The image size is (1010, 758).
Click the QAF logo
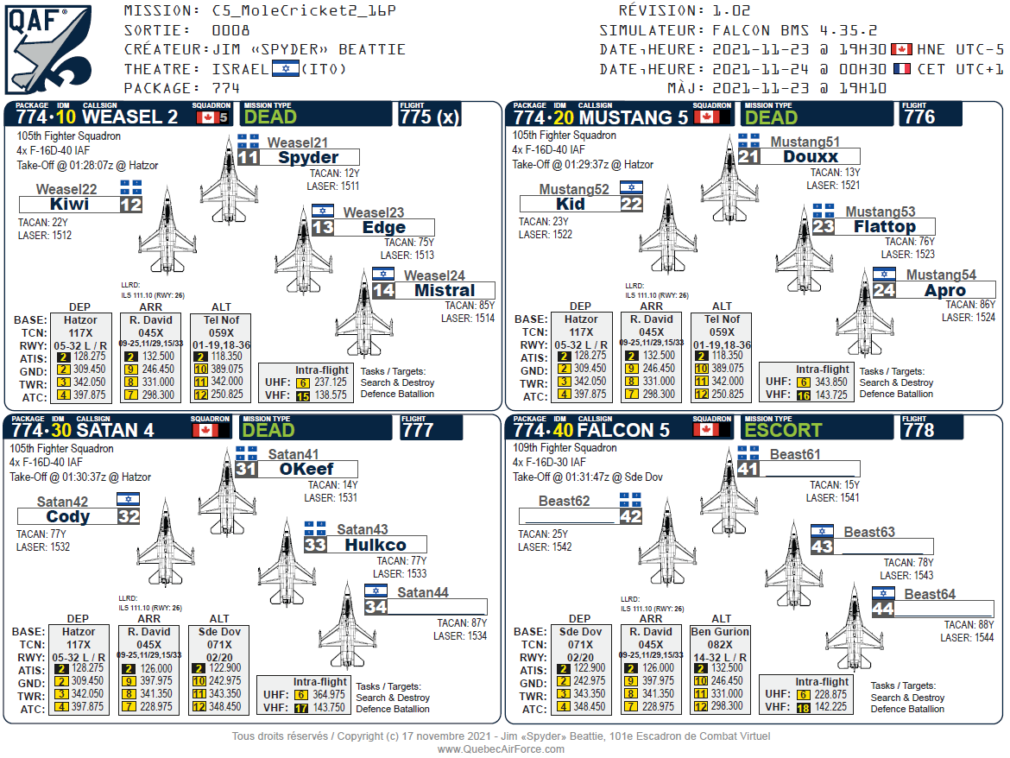pos(47,48)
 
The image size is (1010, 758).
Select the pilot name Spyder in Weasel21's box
pos(307,157)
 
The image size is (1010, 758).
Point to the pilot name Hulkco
pos(376,545)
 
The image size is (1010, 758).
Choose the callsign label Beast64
pos(930,594)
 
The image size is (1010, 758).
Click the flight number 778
pos(918,430)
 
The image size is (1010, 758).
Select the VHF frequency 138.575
pos(331,395)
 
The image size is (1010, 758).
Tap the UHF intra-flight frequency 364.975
pos(329,694)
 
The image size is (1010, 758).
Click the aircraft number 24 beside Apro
pos(884,291)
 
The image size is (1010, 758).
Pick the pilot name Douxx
pos(811,157)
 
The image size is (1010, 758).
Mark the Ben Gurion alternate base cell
pos(720,632)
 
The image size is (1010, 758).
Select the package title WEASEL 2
pos(129,117)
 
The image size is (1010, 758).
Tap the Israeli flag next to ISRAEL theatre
pos(285,69)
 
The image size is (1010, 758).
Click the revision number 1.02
pos(731,11)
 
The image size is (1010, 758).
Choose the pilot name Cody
pos(68,517)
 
